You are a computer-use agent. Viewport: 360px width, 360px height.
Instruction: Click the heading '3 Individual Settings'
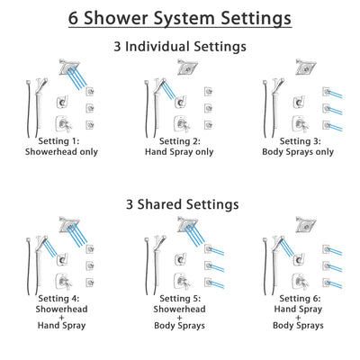coord(179,44)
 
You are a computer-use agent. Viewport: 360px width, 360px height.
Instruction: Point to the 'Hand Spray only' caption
coord(180,152)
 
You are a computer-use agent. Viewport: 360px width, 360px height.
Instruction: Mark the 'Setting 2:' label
coord(180,142)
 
